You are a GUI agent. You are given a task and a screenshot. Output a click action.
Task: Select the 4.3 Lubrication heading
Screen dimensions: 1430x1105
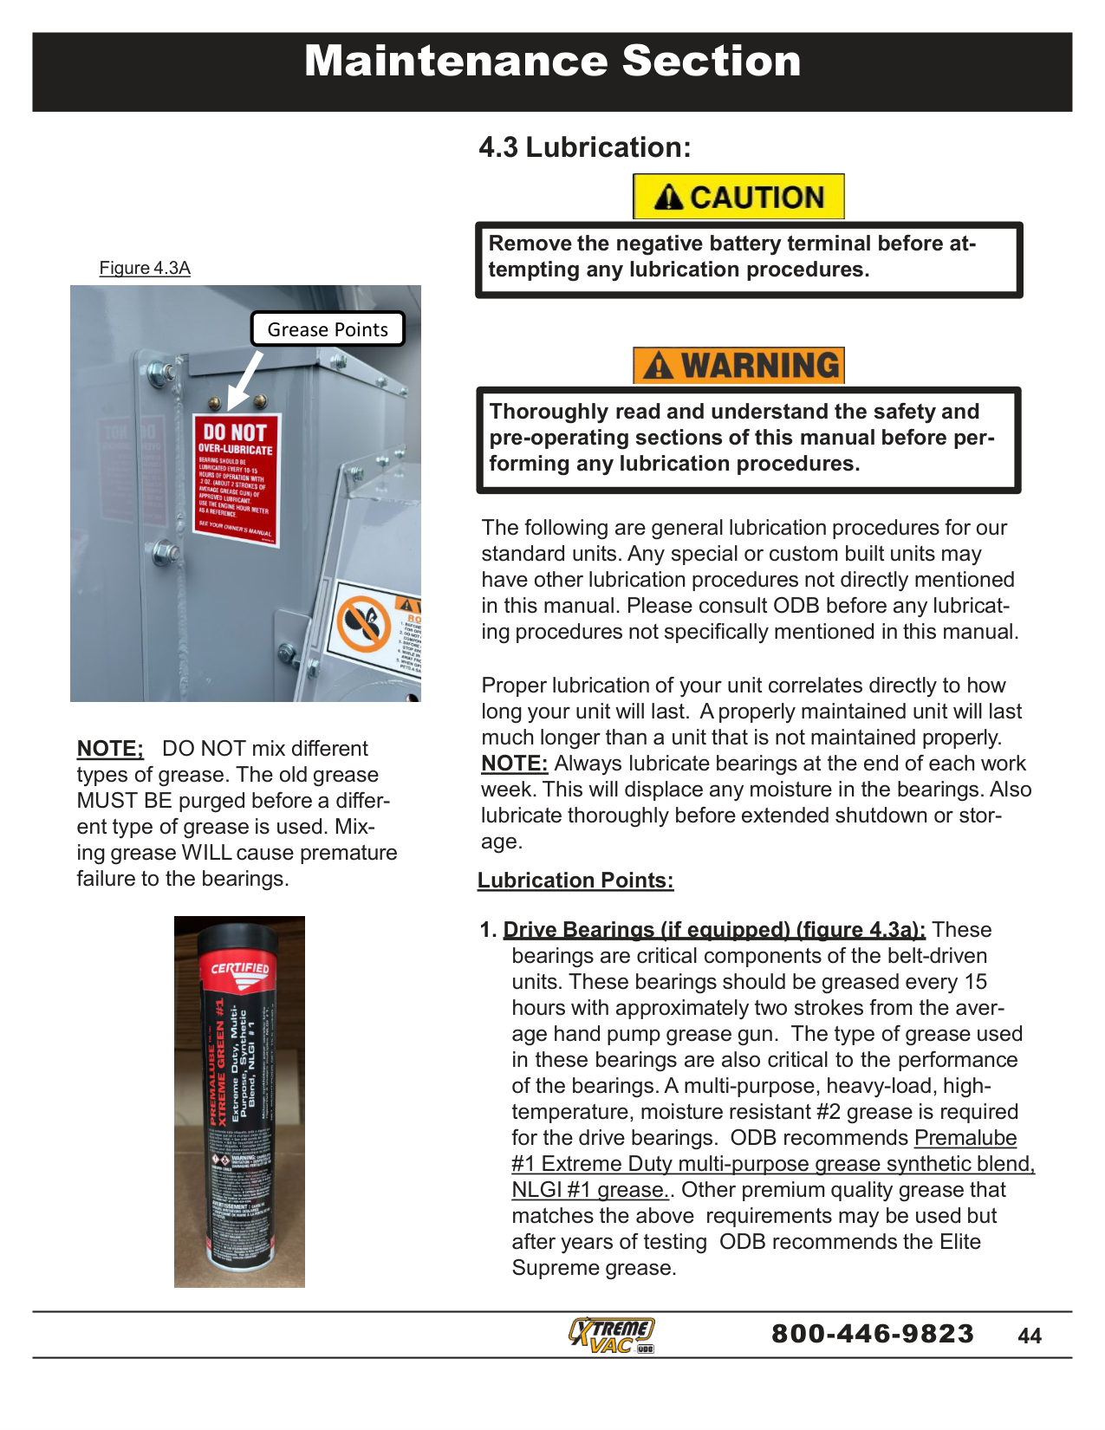pos(585,147)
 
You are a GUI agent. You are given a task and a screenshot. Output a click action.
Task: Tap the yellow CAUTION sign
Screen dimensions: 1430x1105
pos(738,197)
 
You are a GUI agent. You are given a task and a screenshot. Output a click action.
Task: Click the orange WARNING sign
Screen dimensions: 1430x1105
pos(738,365)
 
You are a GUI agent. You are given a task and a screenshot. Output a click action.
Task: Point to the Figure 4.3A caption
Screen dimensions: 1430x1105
pos(145,268)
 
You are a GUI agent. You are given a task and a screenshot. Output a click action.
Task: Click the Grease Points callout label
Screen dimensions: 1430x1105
pos(328,329)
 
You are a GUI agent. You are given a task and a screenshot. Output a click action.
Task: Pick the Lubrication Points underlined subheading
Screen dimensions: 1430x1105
pos(575,881)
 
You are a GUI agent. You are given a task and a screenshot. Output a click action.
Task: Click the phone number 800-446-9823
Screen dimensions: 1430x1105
pos(873,1333)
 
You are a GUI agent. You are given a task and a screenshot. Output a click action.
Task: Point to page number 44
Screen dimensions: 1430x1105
pos(1030,1336)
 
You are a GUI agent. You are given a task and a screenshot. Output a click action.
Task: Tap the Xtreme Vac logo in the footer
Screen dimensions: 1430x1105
pos(612,1335)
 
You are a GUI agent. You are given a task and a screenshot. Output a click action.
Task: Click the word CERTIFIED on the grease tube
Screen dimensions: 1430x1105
pos(240,968)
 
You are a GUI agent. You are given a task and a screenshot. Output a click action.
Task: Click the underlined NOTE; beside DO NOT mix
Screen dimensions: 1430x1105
pos(110,749)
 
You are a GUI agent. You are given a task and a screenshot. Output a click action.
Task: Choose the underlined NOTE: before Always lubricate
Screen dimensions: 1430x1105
pos(515,764)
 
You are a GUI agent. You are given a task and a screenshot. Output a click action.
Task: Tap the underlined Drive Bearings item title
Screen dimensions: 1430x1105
pos(714,930)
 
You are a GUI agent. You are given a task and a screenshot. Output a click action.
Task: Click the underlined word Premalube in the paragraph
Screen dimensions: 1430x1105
pos(965,1138)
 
